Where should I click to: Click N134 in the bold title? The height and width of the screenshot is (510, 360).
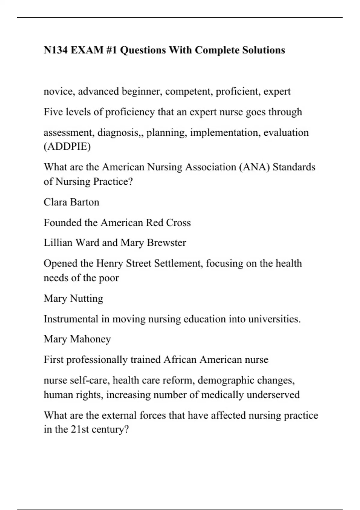point(55,50)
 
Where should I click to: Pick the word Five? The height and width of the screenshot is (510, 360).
point(53,112)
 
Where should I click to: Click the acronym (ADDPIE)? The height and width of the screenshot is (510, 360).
point(67,146)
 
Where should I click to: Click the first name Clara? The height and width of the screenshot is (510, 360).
point(54,202)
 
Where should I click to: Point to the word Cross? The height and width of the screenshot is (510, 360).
point(178,223)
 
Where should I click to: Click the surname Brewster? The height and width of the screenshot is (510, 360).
point(166,243)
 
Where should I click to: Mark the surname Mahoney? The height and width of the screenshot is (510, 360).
point(90,339)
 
